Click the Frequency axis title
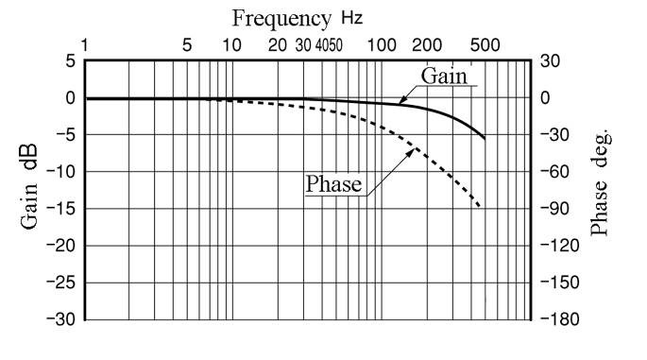tap(281, 18)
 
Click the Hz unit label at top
tap(350, 18)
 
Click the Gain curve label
tap(444, 76)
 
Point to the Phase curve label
tap(333, 183)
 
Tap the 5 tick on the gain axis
tap(69, 61)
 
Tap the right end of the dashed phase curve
tap(482, 207)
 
